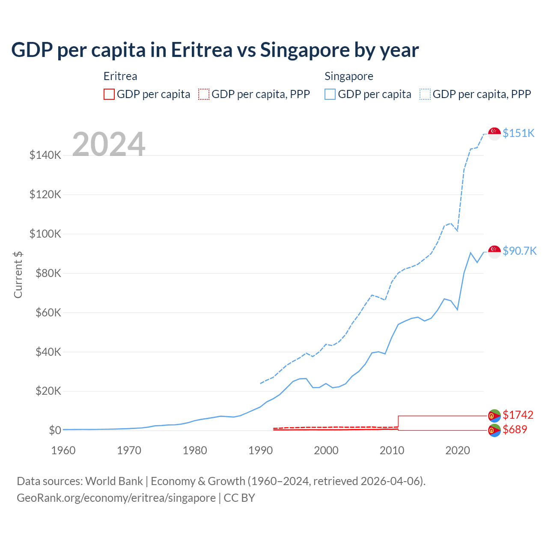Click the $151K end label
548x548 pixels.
pyautogui.click(x=518, y=133)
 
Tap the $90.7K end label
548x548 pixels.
pyautogui.click(x=519, y=251)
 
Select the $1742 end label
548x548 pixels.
pyautogui.click(x=518, y=415)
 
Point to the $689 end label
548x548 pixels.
pyautogui.click(x=515, y=429)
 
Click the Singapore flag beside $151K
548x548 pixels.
pyautogui.click(x=494, y=134)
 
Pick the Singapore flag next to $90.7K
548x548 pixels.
pyautogui.click(x=494, y=252)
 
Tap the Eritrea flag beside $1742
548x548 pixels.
pyautogui.click(x=494, y=416)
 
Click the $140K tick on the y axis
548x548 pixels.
pyautogui.click(x=45, y=155)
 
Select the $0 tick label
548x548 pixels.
pyautogui.click(x=55, y=430)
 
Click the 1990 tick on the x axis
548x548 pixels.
pyautogui.click(x=260, y=450)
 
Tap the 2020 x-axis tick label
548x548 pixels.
pyautogui.click(x=458, y=450)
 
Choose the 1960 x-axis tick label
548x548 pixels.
pyautogui.click(x=63, y=450)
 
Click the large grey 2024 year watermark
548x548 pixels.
pyautogui.click(x=109, y=144)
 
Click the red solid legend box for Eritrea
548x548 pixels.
pyautogui.click(x=109, y=94)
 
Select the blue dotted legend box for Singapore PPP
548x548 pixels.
pyautogui.click(x=425, y=94)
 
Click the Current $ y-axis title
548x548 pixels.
pyautogui.click(x=18, y=274)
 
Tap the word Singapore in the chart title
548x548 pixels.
pyautogui.click(x=305, y=50)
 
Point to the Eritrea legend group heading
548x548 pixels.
pyautogui.click(x=120, y=76)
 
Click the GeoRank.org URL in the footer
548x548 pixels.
pyautogui.click(x=116, y=498)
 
